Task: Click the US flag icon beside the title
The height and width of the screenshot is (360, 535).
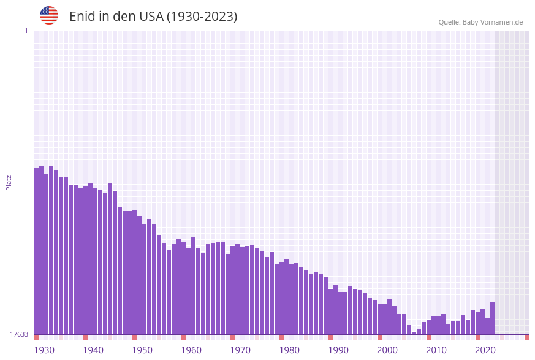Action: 49,15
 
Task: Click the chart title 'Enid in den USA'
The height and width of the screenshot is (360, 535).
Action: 153,17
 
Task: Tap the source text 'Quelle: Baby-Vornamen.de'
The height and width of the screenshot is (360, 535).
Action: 480,22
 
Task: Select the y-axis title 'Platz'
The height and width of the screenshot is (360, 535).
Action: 9,182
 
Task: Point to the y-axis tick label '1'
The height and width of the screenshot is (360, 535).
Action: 26,31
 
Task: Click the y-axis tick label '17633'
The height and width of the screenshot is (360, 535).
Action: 19,334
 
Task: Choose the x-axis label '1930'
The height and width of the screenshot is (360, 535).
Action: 44,350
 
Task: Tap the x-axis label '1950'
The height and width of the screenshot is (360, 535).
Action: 142,350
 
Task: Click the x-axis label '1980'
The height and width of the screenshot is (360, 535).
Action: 289,350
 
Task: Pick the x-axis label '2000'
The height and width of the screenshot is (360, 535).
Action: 387,350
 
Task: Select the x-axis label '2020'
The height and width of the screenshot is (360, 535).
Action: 485,350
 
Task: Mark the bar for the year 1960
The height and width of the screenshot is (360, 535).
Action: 183,288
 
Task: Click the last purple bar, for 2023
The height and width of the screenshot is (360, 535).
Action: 492,318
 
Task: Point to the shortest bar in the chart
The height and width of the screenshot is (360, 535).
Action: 414,333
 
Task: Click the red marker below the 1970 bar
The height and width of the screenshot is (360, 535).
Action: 232,337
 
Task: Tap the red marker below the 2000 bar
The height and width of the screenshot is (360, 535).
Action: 379,337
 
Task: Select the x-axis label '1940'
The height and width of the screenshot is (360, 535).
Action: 93,350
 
